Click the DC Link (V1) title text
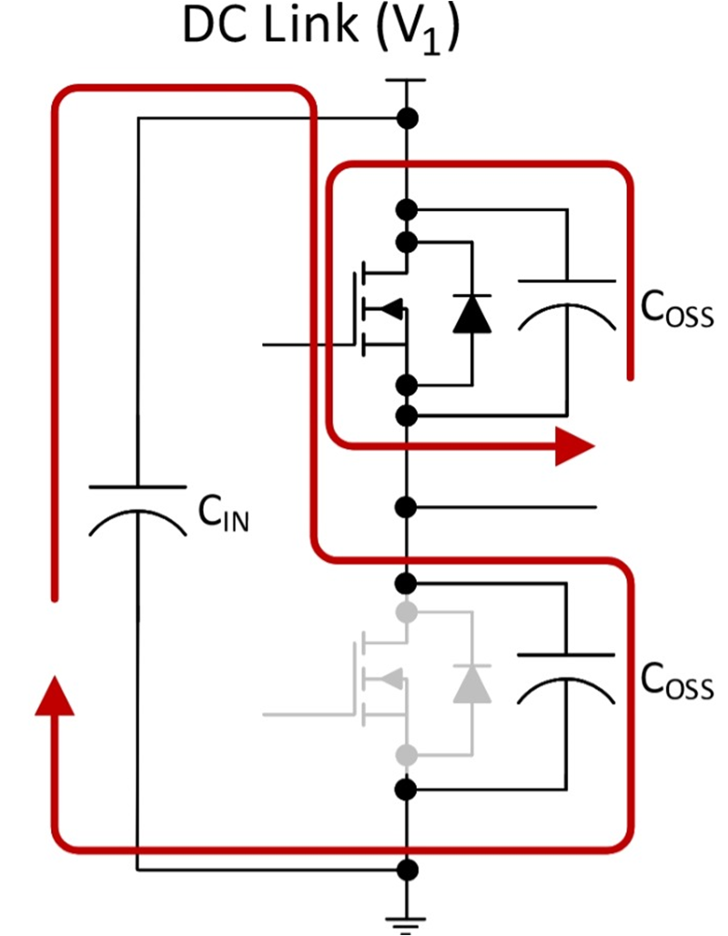point(321,29)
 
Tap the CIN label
point(224,516)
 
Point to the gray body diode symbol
point(472,683)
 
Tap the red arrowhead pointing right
point(573,446)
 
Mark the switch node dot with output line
point(407,505)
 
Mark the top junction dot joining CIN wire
point(407,117)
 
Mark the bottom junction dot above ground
point(407,870)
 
